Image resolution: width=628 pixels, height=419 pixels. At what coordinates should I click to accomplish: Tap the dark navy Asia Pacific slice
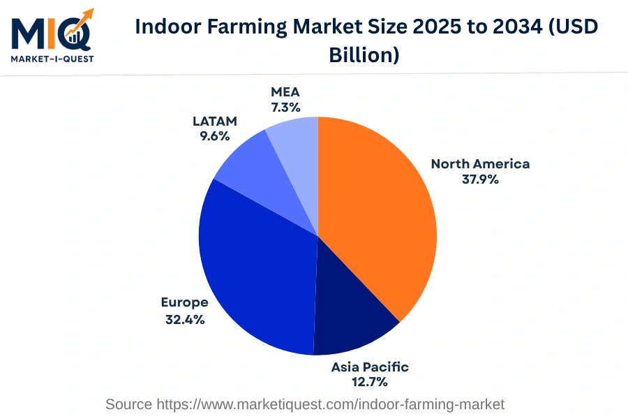pos(349,314)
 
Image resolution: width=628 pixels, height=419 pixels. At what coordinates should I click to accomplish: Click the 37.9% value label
pos(480,179)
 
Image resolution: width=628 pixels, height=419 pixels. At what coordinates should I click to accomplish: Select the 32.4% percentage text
pos(184,319)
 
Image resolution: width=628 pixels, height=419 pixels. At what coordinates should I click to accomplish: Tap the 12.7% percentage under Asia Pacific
pos(370,382)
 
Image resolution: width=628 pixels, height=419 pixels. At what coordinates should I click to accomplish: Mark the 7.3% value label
pos(285,108)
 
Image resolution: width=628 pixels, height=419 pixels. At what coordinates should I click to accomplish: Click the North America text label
pos(480,164)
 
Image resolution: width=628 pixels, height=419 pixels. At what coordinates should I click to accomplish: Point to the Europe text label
pos(184,302)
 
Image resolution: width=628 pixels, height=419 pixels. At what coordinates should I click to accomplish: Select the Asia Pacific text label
pos(370,367)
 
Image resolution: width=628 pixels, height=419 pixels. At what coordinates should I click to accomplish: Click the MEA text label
pos(285,92)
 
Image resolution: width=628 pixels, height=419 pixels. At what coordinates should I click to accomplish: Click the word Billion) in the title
pos(364,55)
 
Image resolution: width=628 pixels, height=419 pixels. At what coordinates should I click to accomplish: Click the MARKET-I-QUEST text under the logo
pos(52,59)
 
